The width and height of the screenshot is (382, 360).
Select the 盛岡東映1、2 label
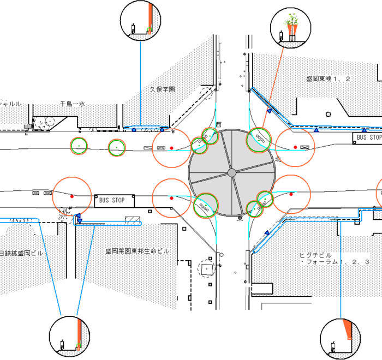point(327,79)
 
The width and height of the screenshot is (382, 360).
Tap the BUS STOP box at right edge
point(368,137)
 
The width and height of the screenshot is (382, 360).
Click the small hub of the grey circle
point(231,172)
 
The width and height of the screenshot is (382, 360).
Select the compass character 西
point(219,125)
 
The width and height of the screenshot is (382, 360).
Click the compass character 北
point(278,159)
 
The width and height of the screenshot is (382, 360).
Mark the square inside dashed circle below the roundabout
point(207,269)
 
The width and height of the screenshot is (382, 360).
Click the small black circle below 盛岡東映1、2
point(328,114)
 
